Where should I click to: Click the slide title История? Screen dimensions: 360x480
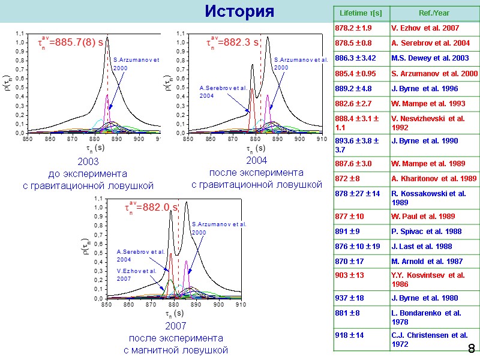pos(239,12)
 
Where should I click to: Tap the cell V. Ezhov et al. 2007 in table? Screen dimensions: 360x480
pos(433,28)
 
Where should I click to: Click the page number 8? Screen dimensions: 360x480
pos(471,349)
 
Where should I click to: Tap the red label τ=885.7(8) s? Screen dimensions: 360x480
pos(70,43)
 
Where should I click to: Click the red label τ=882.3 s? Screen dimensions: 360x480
pos(233,43)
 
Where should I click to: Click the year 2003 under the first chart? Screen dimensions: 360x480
pos(88,161)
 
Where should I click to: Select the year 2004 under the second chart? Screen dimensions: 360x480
pos(257,160)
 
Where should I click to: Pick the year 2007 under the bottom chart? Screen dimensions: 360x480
pos(176,326)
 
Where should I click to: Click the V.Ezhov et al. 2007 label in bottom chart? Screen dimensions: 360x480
pos(136,275)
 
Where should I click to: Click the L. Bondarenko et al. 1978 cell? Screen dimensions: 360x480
pos(433,317)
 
